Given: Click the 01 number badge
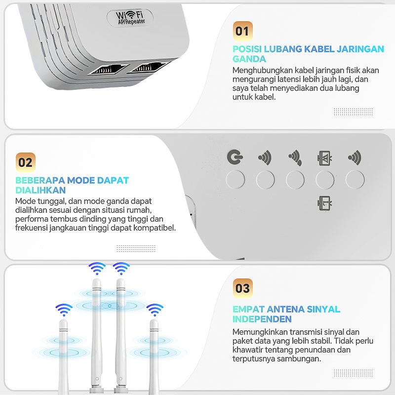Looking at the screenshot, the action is (242, 31).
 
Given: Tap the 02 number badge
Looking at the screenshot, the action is (26, 162).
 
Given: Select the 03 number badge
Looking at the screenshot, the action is (242, 288).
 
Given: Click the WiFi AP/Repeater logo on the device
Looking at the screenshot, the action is (130, 18).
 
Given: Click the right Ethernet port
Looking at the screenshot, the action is (149, 66).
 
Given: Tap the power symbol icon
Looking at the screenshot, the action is (235, 157).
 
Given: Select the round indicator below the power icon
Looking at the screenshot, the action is (236, 180).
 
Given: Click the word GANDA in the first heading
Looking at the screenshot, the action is (249, 59).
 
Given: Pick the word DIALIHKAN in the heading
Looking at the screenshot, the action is (40, 190).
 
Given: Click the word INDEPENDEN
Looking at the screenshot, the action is (262, 319).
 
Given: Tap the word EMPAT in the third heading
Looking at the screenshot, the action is (248, 309).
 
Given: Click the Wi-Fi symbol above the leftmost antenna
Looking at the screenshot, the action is (64, 310).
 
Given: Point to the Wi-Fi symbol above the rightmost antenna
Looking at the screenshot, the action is (155, 310).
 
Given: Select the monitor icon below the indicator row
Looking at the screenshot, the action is (324, 203).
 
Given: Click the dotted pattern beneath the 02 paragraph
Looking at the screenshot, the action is (136, 248).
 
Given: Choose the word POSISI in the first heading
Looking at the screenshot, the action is (247, 49).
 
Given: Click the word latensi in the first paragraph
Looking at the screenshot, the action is (291, 79).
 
